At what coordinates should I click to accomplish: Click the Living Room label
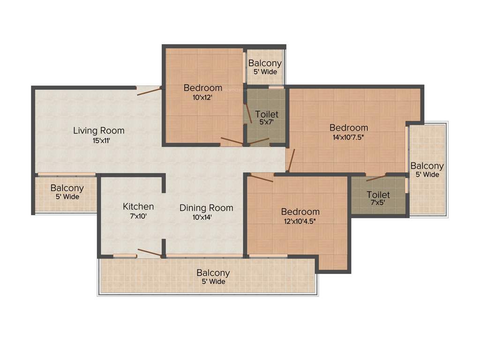point(98,130)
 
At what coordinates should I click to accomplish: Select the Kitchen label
point(138,206)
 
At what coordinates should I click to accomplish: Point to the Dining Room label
point(206,208)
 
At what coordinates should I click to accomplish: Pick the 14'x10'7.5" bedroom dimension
point(348,137)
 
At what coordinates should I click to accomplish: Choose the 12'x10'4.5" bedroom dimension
point(300,221)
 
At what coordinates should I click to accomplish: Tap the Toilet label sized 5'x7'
point(267,114)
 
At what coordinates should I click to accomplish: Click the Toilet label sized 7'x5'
point(378,195)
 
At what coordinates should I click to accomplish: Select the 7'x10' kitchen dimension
point(138,216)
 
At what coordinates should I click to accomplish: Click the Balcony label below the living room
point(67,188)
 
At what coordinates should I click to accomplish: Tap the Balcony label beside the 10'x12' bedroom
point(265,63)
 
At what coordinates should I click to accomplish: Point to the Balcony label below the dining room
point(213,273)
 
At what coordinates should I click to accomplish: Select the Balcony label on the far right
point(427,166)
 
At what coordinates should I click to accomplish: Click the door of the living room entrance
point(149,90)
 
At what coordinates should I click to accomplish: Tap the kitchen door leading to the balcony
point(149,253)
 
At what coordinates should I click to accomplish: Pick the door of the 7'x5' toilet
point(376,178)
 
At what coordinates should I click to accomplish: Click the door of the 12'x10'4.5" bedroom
point(262,177)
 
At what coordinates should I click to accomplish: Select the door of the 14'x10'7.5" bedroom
point(291,161)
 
